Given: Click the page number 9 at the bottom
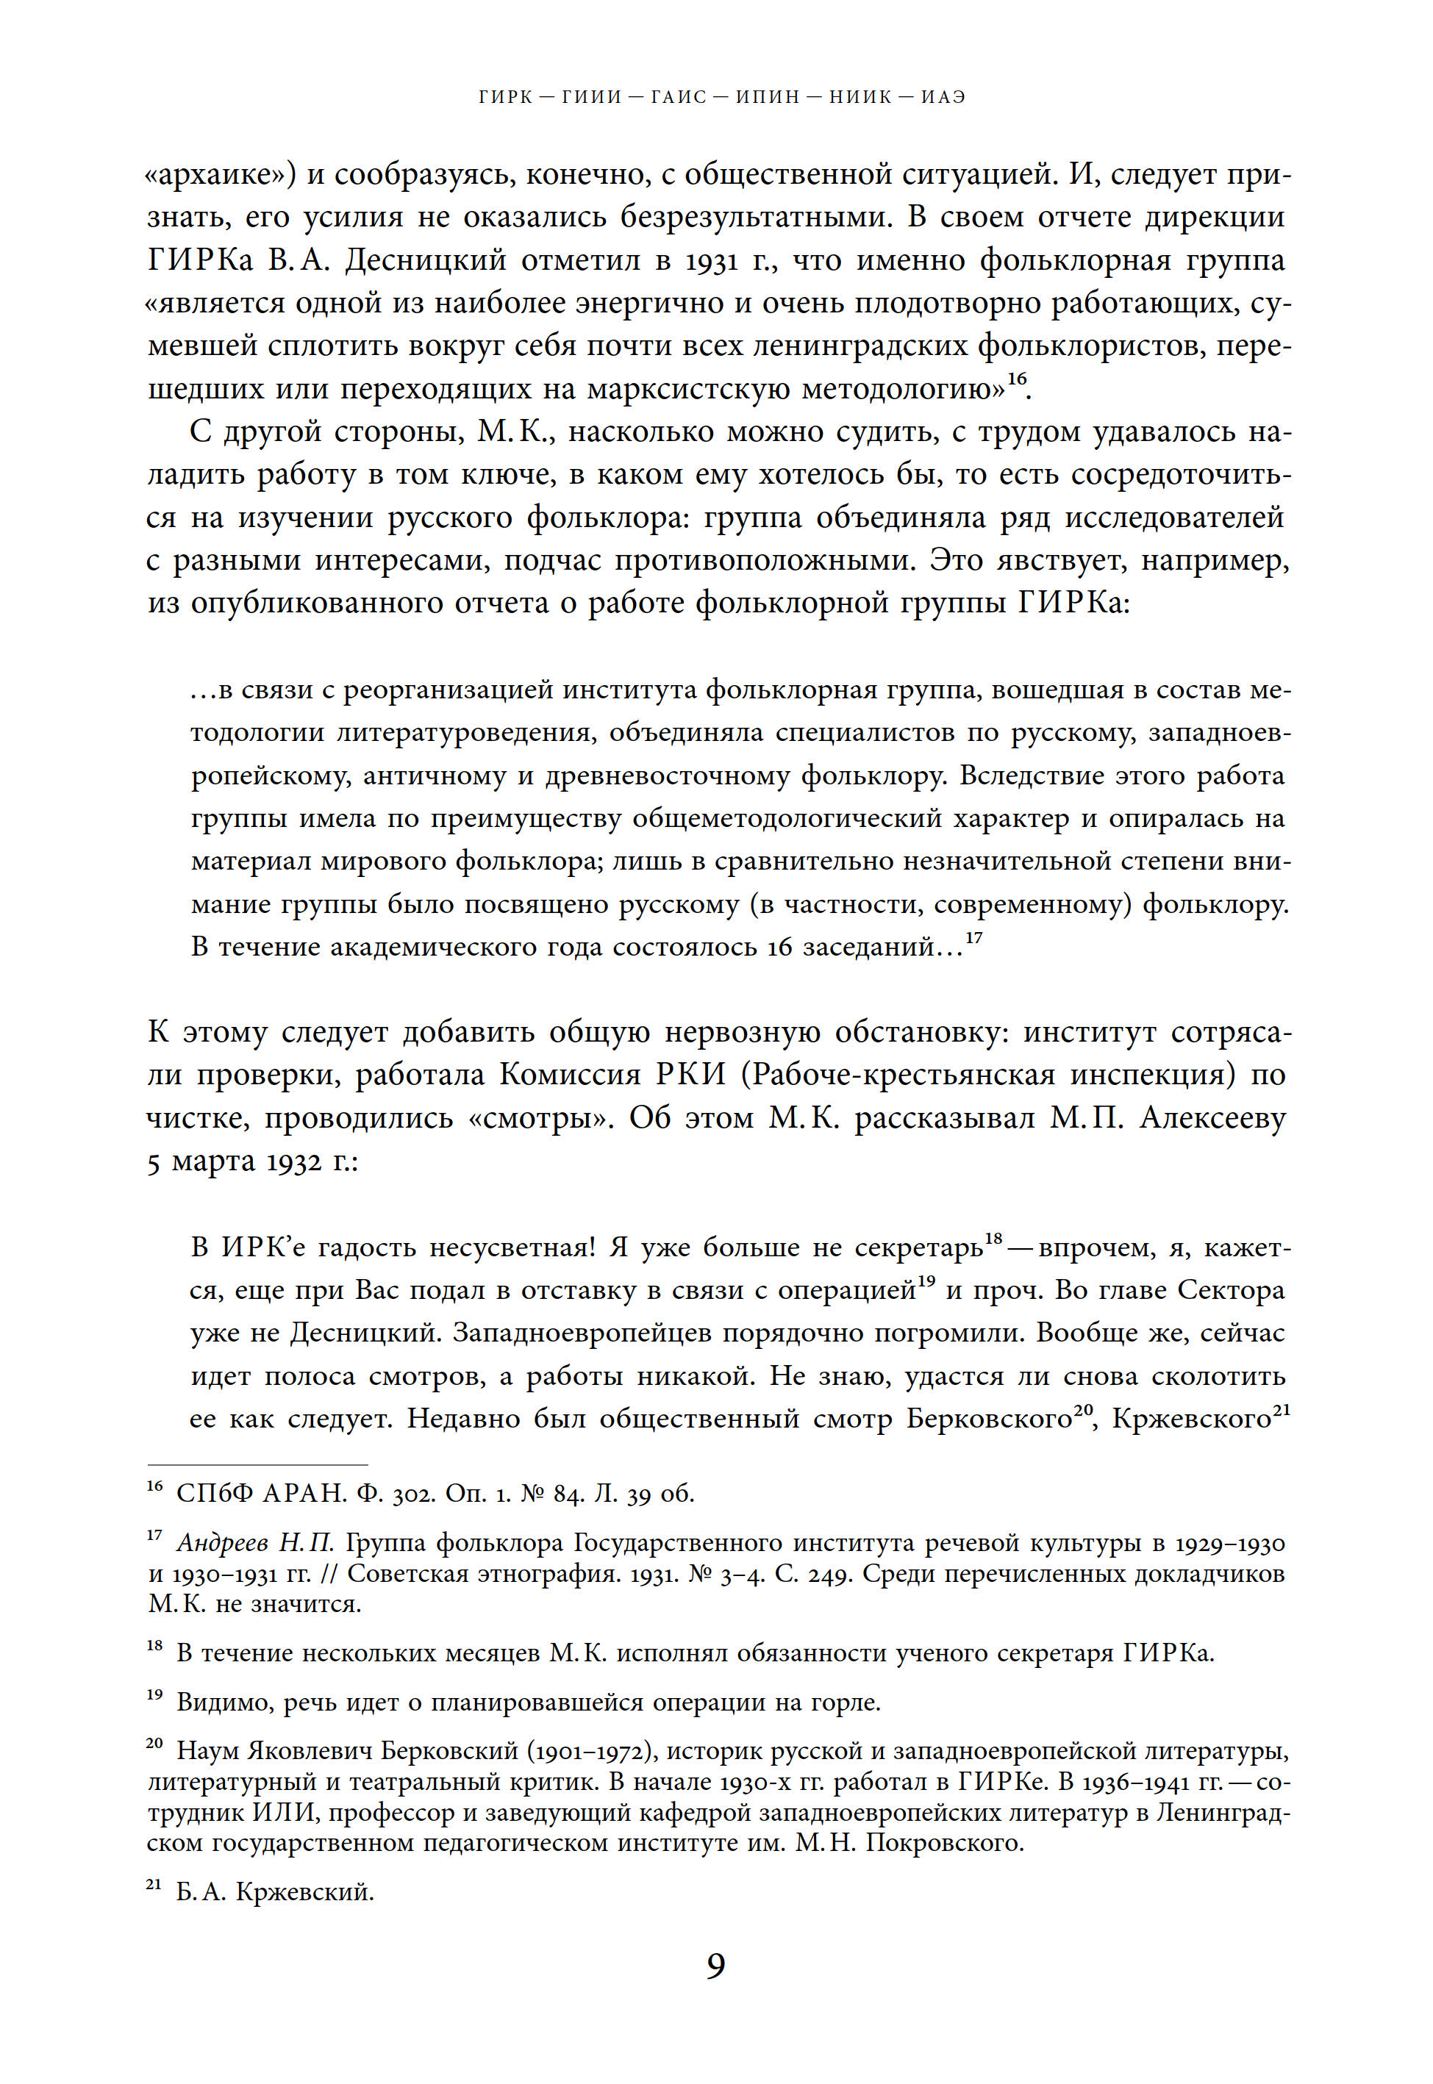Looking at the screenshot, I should coord(715,1966).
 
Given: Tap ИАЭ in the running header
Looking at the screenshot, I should coord(943,97).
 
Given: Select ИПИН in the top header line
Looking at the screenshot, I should coord(768,97).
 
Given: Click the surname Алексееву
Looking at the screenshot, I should coord(1213,1118).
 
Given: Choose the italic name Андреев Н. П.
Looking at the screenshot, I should coord(255,1543).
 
